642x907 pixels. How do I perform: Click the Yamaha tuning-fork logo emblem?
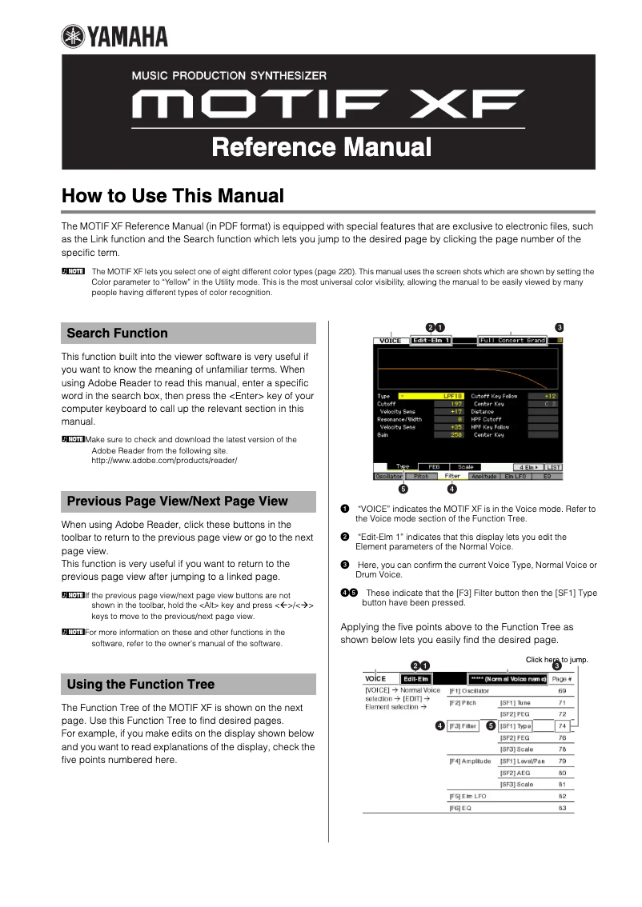point(73,37)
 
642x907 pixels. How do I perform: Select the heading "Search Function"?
point(118,334)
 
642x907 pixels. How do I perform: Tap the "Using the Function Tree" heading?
point(141,685)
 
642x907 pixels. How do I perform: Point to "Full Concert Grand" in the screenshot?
point(512,341)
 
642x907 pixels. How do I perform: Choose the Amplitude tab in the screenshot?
point(484,476)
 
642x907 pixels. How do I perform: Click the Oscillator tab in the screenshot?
point(389,476)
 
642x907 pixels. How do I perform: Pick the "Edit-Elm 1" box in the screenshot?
point(431,341)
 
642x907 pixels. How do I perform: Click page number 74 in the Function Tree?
point(562,726)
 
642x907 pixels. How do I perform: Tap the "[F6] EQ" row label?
point(460,809)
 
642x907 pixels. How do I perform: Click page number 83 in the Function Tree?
point(562,809)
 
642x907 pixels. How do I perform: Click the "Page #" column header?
point(562,679)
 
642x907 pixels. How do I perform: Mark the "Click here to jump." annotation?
point(557,660)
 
